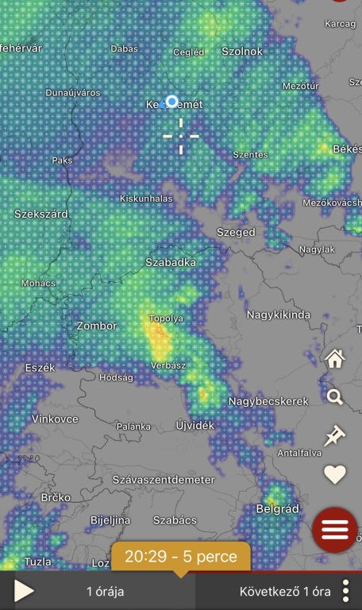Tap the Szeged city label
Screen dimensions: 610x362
[x=236, y=233]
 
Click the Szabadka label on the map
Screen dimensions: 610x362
[x=171, y=262]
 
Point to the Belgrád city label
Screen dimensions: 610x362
[x=277, y=508]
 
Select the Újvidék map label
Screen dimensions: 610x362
[x=195, y=426]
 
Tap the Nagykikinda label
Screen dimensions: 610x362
[x=279, y=315]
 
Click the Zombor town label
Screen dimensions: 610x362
[x=96, y=326]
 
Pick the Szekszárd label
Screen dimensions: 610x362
[x=41, y=214]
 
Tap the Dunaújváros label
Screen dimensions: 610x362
[x=73, y=93]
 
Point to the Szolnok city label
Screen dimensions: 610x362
[x=242, y=51]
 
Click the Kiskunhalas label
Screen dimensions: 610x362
[x=145, y=198]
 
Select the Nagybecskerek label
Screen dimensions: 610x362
[x=268, y=402]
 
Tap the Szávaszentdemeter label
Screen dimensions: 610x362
[x=164, y=480]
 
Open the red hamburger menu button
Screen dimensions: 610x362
[x=335, y=529]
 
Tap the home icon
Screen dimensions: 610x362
[x=335, y=359]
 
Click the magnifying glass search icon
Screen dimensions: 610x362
[x=335, y=397]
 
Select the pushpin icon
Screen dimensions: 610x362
[x=335, y=435]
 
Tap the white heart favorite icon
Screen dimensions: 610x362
[x=335, y=475]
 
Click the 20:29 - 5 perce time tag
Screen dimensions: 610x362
[x=181, y=557]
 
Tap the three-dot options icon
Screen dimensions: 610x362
[x=346, y=592]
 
